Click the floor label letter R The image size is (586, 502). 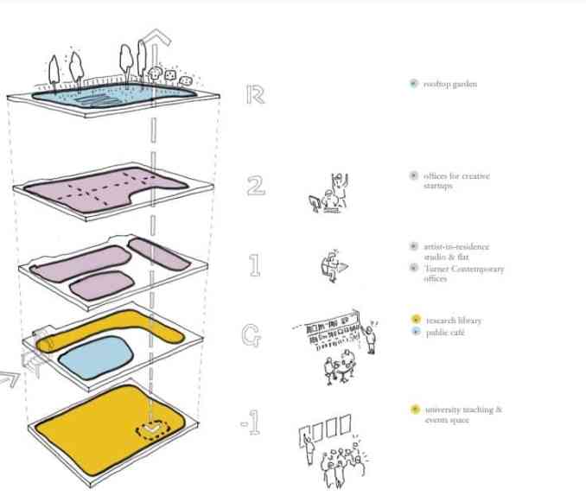pos(254,94)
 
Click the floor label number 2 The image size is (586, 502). pos(256,184)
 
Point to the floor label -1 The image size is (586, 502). pos(250,424)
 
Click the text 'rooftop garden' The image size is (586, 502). pos(450,85)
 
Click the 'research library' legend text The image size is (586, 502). pos(453,321)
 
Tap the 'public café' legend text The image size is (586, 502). pos(445,333)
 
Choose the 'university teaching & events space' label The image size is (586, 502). pos(462,414)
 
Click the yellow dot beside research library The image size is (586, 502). pos(416,321)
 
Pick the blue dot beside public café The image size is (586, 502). pos(416,333)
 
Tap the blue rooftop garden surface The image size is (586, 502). pos(112,97)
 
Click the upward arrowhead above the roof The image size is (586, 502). pos(156,39)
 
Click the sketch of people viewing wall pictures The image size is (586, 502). pos(333,448)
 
